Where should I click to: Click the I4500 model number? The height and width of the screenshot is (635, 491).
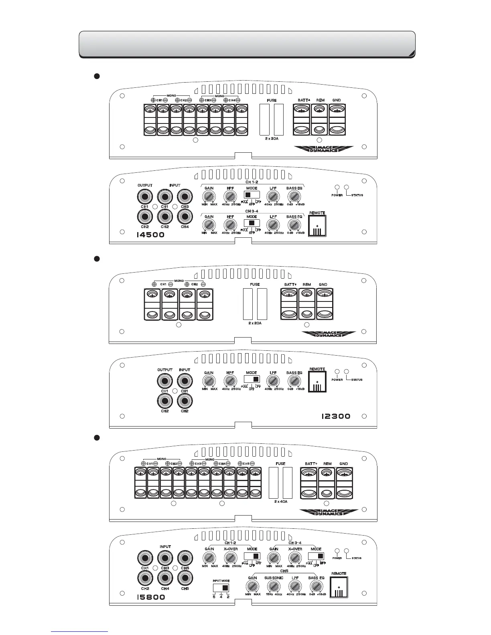pyautogui.click(x=150, y=235)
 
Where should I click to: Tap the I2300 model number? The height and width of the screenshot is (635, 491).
pyautogui.click(x=336, y=417)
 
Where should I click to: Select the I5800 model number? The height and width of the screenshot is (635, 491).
pyautogui.click(x=150, y=597)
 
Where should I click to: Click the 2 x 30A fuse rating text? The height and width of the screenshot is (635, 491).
pyautogui.click(x=272, y=139)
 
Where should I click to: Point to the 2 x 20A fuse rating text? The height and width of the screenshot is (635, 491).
pyautogui.click(x=255, y=323)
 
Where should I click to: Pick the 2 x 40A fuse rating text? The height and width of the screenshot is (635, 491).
pyautogui.click(x=281, y=502)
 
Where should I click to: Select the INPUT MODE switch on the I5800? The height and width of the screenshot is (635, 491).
pyautogui.click(x=221, y=588)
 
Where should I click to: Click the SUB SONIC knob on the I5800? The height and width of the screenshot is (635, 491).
pyautogui.click(x=274, y=586)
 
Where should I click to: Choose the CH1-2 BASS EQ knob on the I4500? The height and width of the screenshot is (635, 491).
pyautogui.click(x=294, y=196)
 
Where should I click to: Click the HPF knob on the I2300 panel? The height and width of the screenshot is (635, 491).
pyautogui.click(x=230, y=381)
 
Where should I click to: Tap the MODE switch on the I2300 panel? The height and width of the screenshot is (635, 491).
pyautogui.click(x=252, y=379)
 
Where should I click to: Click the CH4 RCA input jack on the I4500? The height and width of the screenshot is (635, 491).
pyautogui.click(x=185, y=217)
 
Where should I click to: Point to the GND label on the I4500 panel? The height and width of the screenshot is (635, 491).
pyautogui.click(x=337, y=100)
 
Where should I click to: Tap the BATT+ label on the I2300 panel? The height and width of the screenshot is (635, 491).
pyautogui.click(x=290, y=285)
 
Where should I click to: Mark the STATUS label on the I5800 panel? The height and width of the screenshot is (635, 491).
pyautogui.click(x=357, y=558)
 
